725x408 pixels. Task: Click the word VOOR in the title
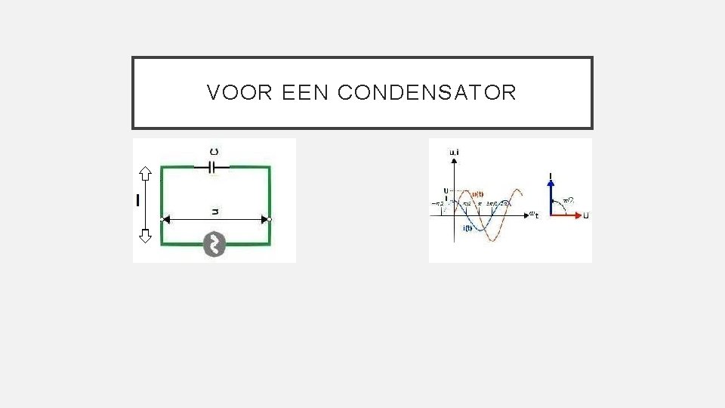[x=230, y=93]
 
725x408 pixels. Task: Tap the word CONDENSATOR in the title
[x=427, y=93]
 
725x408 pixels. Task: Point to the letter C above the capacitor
[x=215, y=152]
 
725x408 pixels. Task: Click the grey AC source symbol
[x=215, y=244]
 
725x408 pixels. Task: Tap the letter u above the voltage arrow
[x=215, y=212]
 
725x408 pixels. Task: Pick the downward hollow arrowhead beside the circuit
[x=146, y=235]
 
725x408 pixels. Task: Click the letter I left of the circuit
[x=138, y=200]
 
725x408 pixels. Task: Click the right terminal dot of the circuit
[x=269, y=219]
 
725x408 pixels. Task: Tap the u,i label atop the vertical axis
[x=454, y=152]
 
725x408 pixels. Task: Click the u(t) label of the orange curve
[x=478, y=193]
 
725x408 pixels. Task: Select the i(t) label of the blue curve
[x=467, y=228]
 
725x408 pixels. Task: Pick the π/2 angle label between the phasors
[x=569, y=200]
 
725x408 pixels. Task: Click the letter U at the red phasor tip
[x=586, y=215]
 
